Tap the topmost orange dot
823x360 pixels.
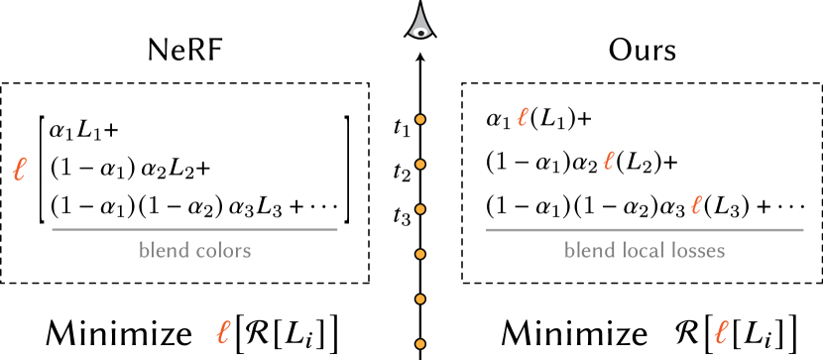coord(420,119)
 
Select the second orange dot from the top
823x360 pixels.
coord(420,165)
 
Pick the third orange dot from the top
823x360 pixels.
coord(420,209)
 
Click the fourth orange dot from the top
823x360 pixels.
coord(420,254)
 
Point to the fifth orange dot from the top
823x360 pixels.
coord(420,299)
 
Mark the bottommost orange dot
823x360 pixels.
coord(420,344)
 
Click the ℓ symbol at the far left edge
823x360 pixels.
coord(19,170)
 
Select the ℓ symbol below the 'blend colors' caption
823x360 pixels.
coord(223,332)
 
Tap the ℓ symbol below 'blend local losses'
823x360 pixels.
coord(721,332)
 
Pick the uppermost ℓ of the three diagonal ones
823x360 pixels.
coord(523,117)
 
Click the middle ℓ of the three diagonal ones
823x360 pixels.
coord(609,161)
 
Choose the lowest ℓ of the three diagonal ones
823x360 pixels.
coord(696,205)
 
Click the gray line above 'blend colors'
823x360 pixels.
coord(194,229)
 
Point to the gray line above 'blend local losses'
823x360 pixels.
coord(645,229)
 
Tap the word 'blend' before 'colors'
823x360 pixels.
coord(164,250)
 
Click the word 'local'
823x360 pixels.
coord(642,250)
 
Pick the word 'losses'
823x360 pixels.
coord(697,250)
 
